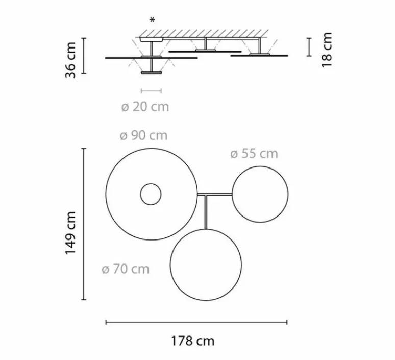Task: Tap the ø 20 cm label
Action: point(145,107)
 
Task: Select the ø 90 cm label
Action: point(143,136)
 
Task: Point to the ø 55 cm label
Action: point(254,154)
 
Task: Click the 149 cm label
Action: point(71,233)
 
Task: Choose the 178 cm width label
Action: point(193,341)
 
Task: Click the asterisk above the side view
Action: point(152,20)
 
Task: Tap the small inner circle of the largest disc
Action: point(151,194)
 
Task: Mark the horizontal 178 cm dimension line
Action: point(196,322)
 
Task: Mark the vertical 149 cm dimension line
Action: point(84,224)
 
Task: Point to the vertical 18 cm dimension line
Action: point(309,47)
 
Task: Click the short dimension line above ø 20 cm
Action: point(151,91)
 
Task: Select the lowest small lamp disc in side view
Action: point(151,74)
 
